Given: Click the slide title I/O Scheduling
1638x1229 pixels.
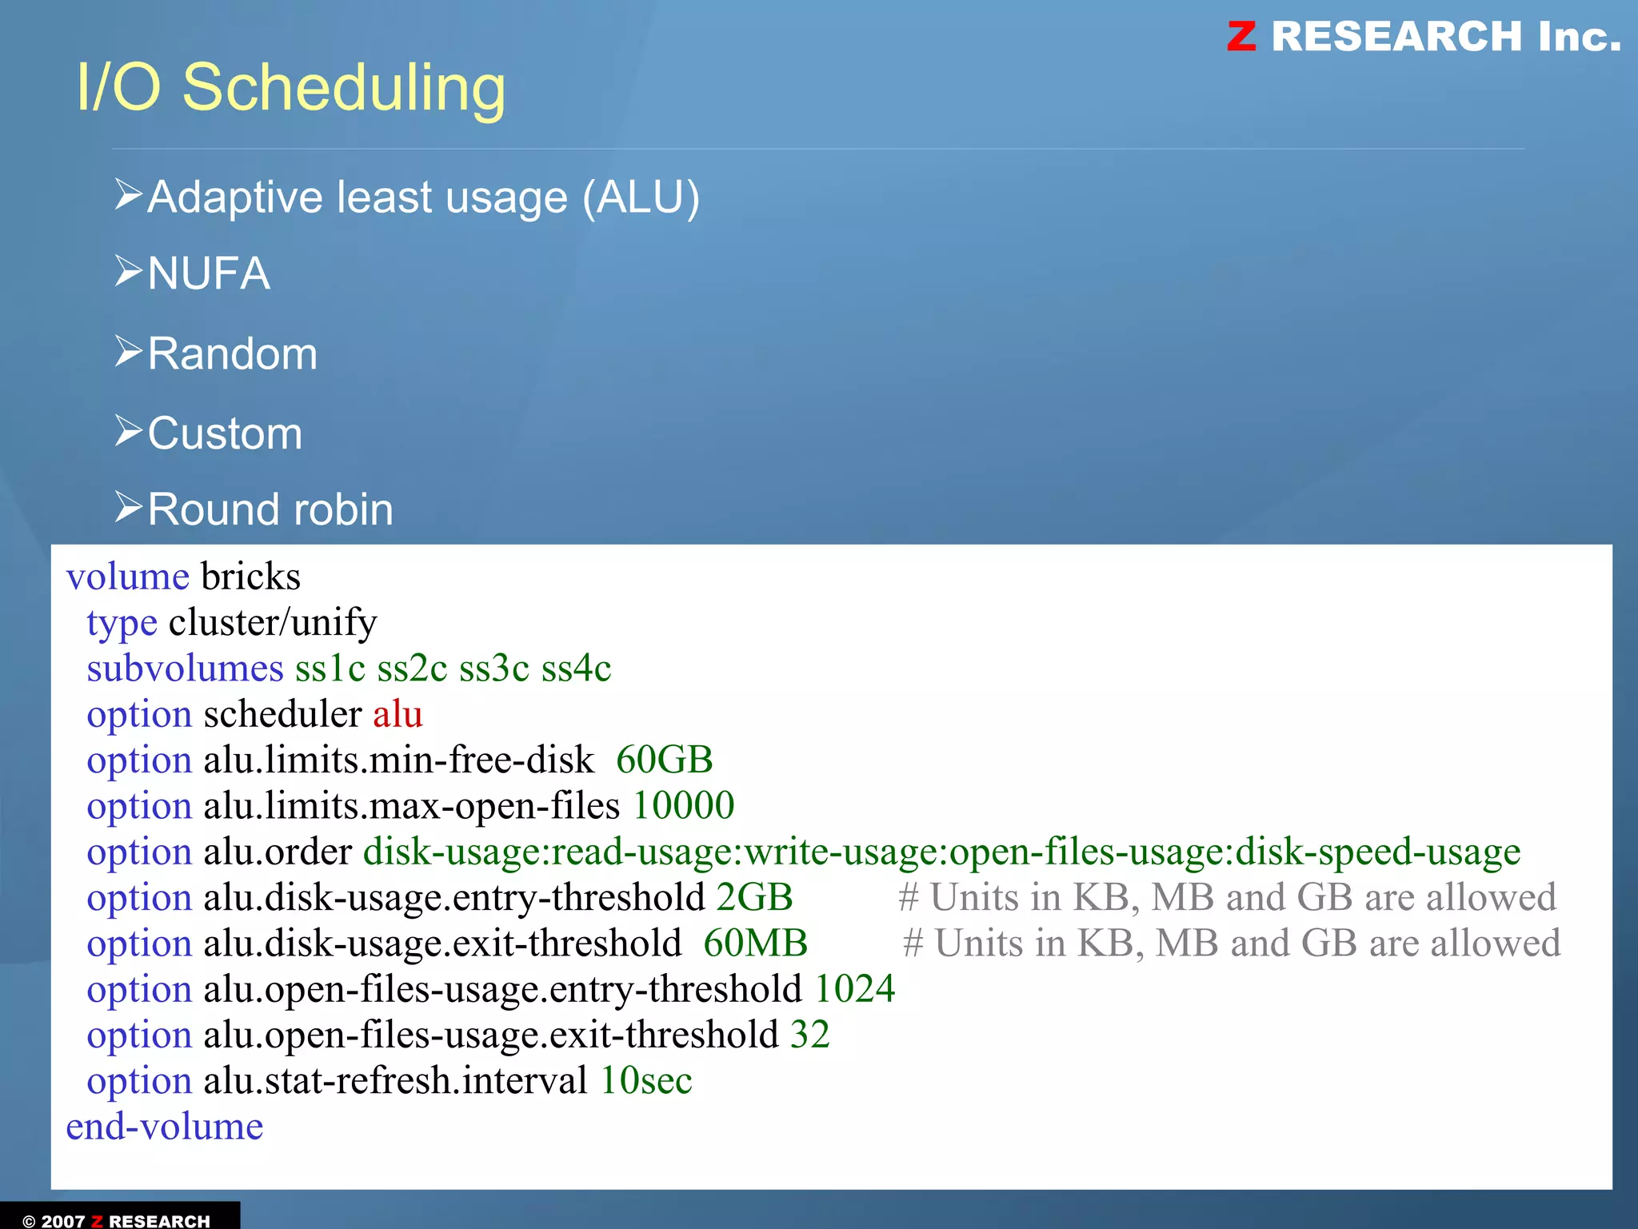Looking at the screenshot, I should click(x=291, y=88).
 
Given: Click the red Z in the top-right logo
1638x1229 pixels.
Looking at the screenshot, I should click(x=1241, y=36).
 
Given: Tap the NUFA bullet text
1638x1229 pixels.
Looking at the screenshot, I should click(x=209, y=273).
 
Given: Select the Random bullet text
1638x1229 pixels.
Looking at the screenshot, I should click(x=233, y=353).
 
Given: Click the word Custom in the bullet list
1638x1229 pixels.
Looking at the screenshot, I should click(x=226, y=433).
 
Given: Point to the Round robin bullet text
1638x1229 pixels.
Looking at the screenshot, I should click(x=270, y=509).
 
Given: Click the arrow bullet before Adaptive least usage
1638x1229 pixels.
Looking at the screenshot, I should click(x=128, y=194).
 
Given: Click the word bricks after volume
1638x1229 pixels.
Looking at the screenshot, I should click(x=250, y=577).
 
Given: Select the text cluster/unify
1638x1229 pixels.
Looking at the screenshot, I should click(x=273, y=623).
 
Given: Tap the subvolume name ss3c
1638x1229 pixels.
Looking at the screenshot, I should click(x=494, y=668).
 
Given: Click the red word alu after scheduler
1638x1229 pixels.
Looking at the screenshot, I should click(x=398, y=714).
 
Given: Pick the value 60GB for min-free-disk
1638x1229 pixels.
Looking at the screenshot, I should click(x=664, y=760).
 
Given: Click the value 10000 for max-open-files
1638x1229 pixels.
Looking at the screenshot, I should click(x=683, y=805).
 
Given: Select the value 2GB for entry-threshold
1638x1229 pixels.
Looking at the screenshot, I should click(x=754, y=897).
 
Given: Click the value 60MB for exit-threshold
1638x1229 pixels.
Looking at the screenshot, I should click(x=755, y=944).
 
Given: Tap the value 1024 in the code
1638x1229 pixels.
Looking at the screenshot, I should click(x=854, y=989).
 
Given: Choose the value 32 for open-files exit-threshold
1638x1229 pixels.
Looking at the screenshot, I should click(x=809, y=1035).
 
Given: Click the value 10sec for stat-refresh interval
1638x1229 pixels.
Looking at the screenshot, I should click(x=645, y=1081).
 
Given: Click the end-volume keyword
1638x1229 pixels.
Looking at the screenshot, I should click(x=165, y=1127).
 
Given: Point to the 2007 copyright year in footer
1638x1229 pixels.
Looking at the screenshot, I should click(x=62, y=1221).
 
